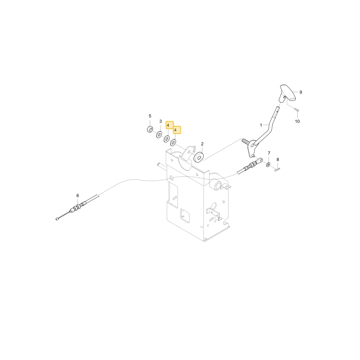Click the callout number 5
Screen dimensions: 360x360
pos(150,116)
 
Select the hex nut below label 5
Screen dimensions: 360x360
pos(150,129)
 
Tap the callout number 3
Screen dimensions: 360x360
pos(161,121)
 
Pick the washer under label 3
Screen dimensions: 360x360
pos(159,135)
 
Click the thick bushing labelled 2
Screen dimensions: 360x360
pos(199,156)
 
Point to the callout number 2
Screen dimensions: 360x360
pos(202,144)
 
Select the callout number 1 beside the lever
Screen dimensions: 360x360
pos(261,125)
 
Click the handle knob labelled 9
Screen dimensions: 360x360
pos(287,93)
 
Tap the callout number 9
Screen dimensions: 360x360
pos(301,92)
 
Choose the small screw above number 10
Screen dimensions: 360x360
pos(297,111)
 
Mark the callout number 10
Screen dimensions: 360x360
pos(297,121)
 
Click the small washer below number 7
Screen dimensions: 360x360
pos(268,165)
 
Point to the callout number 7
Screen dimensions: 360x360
pos(269,153)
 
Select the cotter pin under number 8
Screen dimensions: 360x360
pos(277,170)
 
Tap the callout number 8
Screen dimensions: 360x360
pos(278,159)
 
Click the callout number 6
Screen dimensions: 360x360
pos(78,195)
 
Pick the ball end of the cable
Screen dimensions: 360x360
pos(57,219)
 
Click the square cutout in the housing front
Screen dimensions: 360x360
pos(185,215)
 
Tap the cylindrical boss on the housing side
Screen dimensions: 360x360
pos(217,185)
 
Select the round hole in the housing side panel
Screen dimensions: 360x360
pos(213,207)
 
